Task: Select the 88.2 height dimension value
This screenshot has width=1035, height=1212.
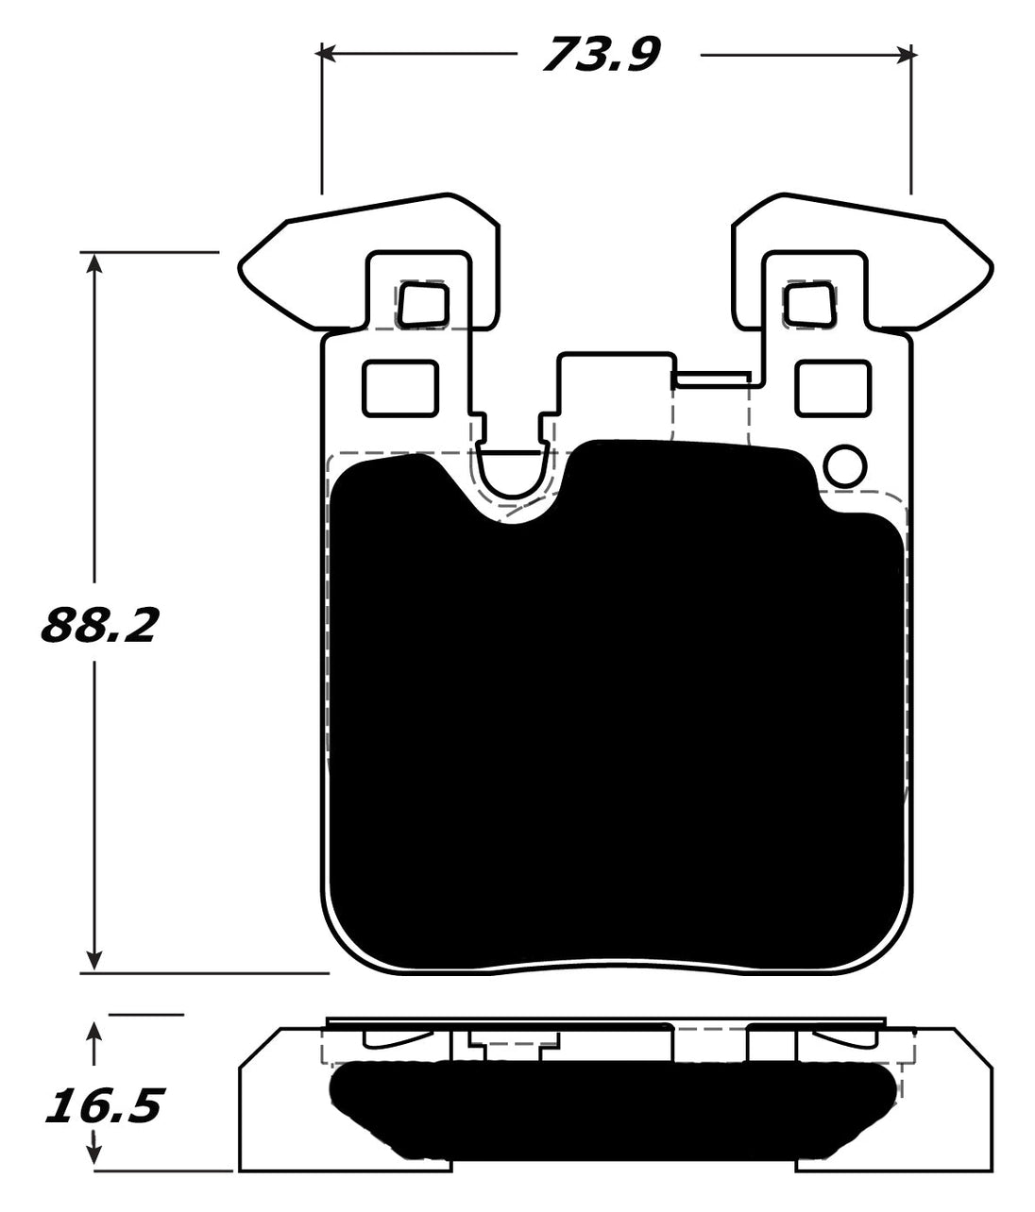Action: point(96,625)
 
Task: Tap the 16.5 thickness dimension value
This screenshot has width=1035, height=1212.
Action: point(104,1105)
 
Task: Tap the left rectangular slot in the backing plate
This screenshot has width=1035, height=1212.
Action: point(400,387)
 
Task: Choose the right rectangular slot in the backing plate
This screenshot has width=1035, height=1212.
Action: point(832,387)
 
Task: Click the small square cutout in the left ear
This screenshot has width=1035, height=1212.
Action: point(422,305)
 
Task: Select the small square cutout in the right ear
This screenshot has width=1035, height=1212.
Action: point(810,305)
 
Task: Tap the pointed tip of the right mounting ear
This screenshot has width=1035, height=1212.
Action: point(993,267)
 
